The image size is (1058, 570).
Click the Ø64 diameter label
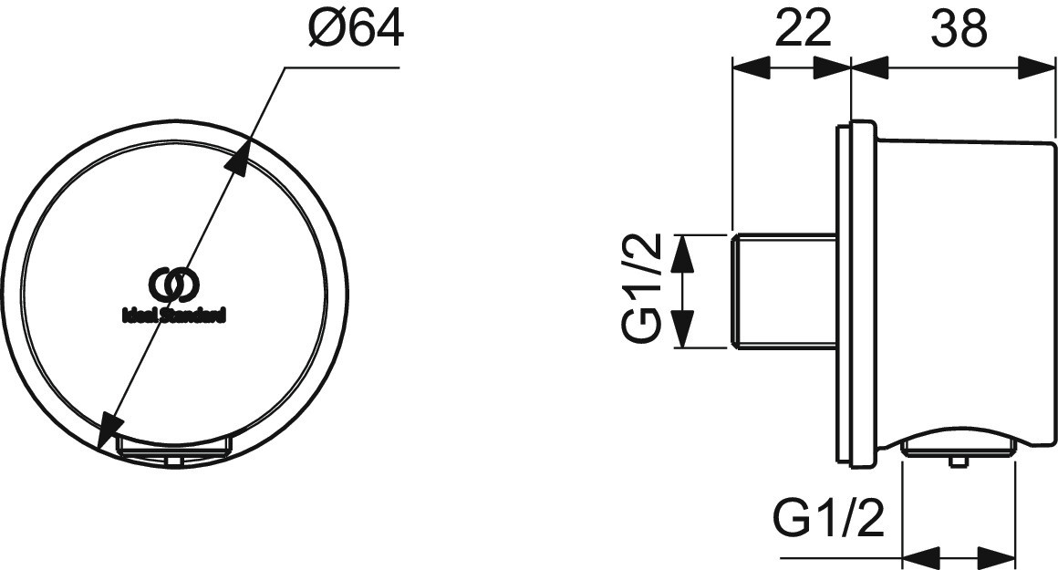[356, 30]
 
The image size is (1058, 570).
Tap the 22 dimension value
[802, 30]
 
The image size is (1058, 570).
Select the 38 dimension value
[959, 30]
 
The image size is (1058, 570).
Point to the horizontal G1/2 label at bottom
[828, 518]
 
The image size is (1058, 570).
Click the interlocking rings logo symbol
[174, 286]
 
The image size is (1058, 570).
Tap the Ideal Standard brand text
[173, 315]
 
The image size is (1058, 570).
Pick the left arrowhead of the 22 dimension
[751, 67]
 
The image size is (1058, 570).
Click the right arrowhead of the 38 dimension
[1035, 67]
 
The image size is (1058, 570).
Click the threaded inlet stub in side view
[784, 291]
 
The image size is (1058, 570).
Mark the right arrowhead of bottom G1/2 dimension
[997, 558]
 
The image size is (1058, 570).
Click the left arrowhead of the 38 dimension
[871, 67]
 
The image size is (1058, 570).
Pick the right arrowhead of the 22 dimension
[833, 67]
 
